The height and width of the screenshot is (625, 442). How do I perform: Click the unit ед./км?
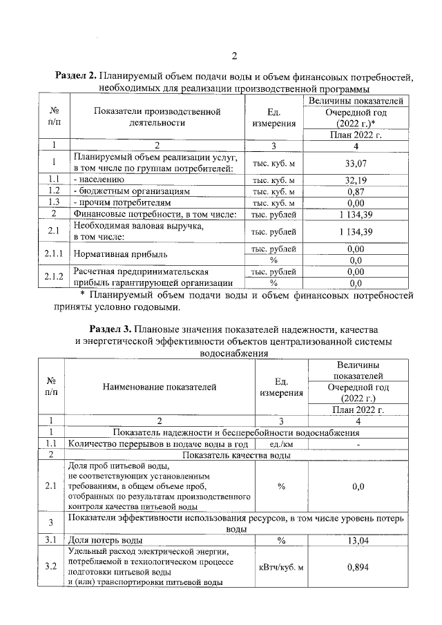click(280, 444)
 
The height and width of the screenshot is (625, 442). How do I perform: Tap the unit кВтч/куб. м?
click(280, 567)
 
